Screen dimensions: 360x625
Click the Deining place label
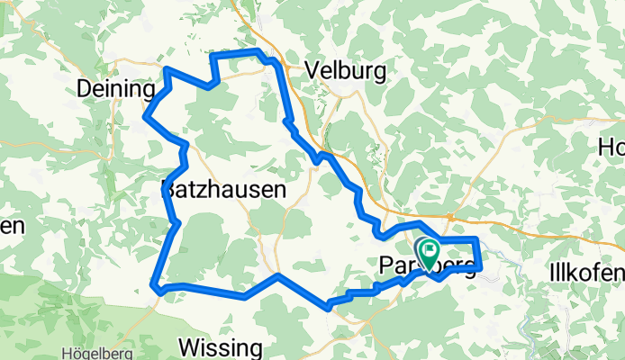point(117,89)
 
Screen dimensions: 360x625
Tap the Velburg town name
point(346,70)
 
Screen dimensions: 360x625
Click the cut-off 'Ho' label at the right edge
point(611,148)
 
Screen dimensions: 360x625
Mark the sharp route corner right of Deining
point(167,69)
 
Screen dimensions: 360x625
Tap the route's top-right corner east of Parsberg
point(477,238)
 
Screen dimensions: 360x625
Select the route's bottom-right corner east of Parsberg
point(481,267)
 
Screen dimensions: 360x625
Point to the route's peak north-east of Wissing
point(278,275)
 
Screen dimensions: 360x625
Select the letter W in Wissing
point(190,346)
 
